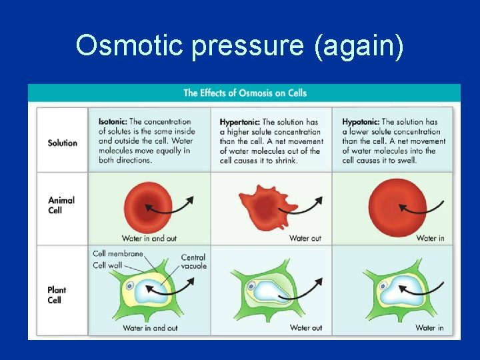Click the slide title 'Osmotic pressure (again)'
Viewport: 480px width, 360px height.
coord(239,46)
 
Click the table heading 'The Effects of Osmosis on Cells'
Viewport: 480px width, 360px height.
coord(245,93)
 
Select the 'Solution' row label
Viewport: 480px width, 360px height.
coord(62,143)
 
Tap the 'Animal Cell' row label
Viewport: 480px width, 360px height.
coord(61,205)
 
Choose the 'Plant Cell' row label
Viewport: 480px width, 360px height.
coord(57,295)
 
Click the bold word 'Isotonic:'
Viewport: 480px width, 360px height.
coord(113,122)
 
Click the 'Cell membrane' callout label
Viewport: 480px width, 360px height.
coord(117,253)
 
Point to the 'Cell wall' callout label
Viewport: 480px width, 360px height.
coord(109,265)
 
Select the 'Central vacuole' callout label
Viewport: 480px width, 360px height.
coord(193,261)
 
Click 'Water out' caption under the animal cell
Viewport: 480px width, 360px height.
coord(305,238)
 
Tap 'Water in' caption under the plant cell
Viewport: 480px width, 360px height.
coord(429,327)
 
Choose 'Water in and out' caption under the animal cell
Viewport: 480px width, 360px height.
coord(149,238)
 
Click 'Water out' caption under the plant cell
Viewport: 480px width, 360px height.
coord(305,327)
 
